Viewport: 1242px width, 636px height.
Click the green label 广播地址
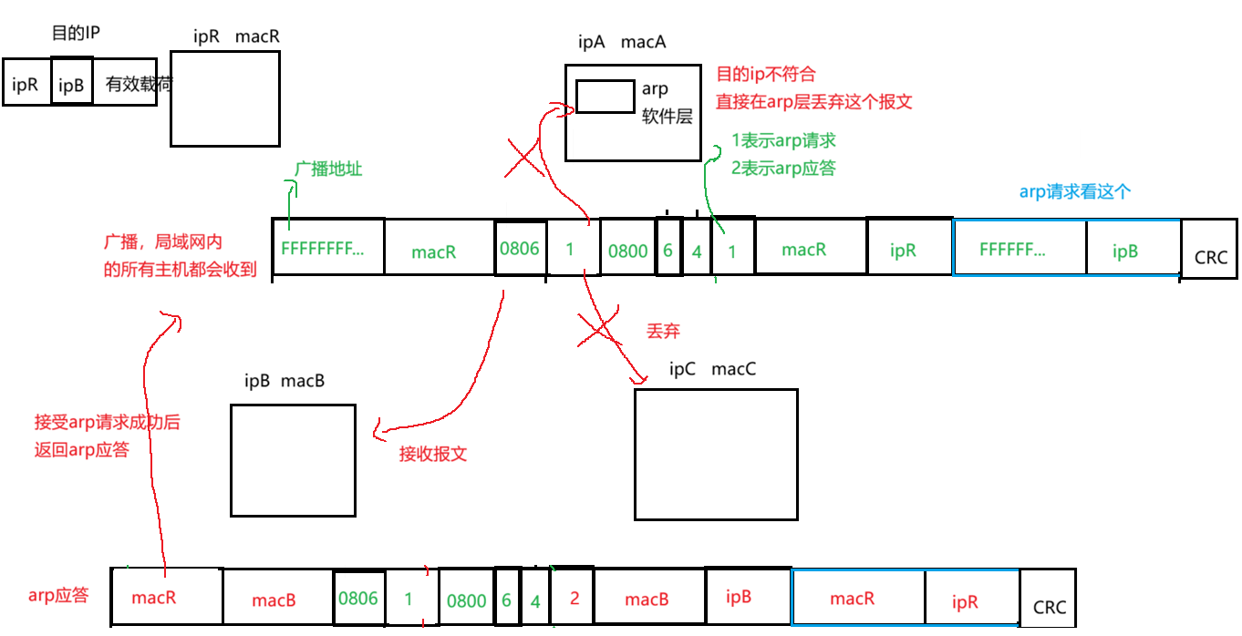coord(328,169)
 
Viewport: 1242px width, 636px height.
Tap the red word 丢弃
coord(663,332)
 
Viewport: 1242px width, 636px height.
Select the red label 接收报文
coord(433,454)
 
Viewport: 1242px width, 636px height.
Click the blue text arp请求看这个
coord(1075,192)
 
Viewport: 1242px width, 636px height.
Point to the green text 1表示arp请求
coord(784,141)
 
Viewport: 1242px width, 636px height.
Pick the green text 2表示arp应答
coord(784,169)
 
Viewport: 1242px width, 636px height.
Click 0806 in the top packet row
coord(520,249)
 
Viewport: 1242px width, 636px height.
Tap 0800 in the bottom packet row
coord(467,600)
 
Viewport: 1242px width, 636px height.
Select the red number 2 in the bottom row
coord(574,599)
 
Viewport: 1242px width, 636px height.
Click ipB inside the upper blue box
coord(1125,251)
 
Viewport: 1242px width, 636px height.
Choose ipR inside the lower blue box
coord(965,602)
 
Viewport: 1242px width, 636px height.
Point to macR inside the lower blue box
coord(853,599)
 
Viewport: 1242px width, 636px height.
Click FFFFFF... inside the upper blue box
coord(1012,250)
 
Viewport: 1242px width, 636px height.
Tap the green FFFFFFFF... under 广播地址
coord(322,249)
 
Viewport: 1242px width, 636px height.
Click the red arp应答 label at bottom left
coord(59,596)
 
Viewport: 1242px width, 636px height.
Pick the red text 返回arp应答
coord(82,450)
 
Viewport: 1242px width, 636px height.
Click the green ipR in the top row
coord(903,251)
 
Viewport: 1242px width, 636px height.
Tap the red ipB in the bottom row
coord(739,598)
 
